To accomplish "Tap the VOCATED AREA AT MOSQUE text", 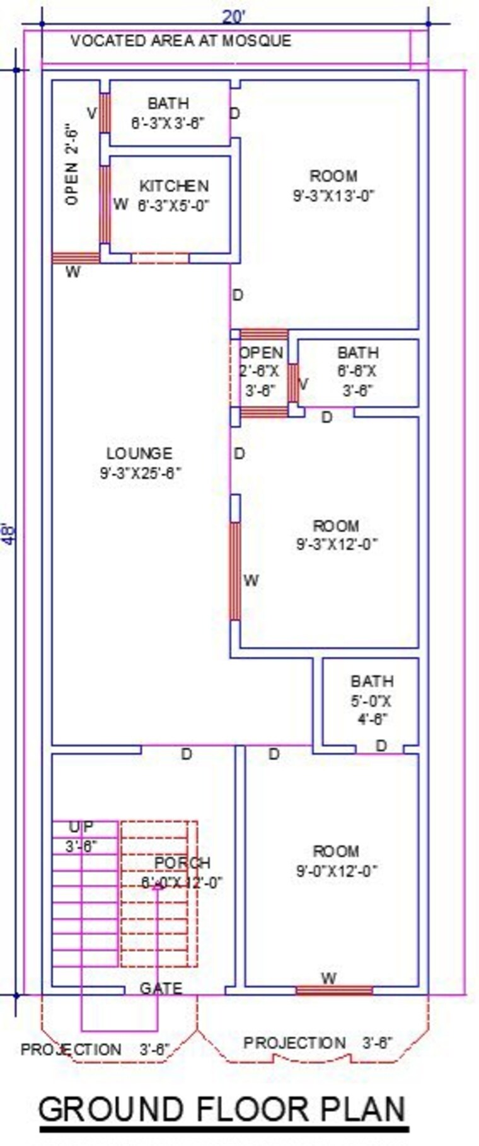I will [x=180, y=41].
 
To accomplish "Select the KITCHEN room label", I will [x=173, y=186].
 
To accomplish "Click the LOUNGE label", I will [x=139, y=453].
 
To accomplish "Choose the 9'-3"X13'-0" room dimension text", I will [x=333, y=195].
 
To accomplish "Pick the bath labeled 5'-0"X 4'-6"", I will [x=371, y=699].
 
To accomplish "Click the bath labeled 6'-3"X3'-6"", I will [x=168, y=113].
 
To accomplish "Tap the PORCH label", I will [x=182, y=862].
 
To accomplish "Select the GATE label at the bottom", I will [x=161, y=988].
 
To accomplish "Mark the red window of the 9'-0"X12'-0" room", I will [x=334, y=990].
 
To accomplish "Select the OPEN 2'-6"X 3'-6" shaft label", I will [x=261, y=371].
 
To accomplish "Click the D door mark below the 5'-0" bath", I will [x=381, y=746].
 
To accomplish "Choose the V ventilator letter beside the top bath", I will [x=92, y=113].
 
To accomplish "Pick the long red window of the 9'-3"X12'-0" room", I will [x=234, y=571].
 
